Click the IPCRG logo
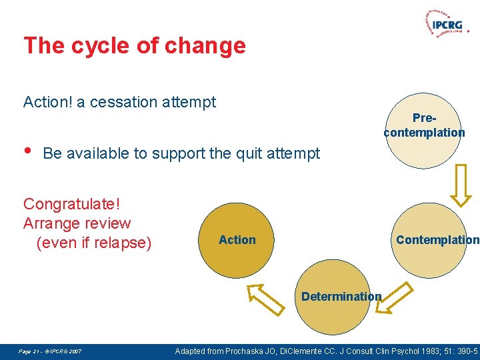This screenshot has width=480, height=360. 444,24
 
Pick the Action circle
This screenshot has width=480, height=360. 237,240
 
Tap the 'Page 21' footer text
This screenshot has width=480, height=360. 29,351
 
